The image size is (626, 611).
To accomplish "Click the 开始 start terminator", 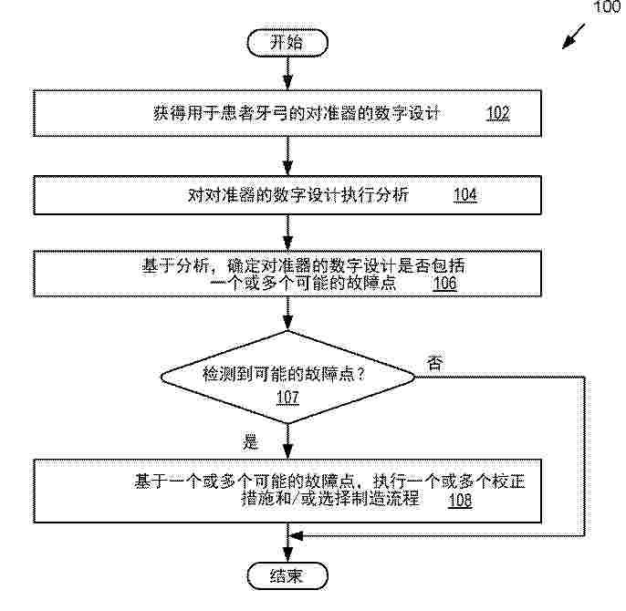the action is coord(287,43).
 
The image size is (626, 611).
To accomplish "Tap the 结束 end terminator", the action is coord(287,575).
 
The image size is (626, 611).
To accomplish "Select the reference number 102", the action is coord(498,113).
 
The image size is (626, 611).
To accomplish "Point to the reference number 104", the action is coord(465,195).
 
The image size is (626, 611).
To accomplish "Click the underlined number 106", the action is coord(444,284).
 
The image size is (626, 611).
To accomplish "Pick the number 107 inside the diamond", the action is coord(287,397).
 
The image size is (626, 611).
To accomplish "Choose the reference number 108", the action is coord(460,500).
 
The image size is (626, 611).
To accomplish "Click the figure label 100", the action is coord(608,7).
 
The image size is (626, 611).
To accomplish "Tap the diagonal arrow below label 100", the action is coord(574,36).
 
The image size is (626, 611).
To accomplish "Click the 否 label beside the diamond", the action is coord(434,363).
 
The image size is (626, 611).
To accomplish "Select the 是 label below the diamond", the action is coord(250,441).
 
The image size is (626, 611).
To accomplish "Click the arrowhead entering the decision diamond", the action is coord(287,323).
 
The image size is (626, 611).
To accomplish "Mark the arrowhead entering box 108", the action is coord(287,451).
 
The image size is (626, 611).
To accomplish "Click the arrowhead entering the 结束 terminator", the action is coord(287,555).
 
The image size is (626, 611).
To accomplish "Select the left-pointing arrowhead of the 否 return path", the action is coord(297,535).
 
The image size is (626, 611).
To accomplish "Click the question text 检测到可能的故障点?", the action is coord(284,374).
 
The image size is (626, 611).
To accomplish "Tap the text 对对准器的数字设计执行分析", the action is coord(298,195).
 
